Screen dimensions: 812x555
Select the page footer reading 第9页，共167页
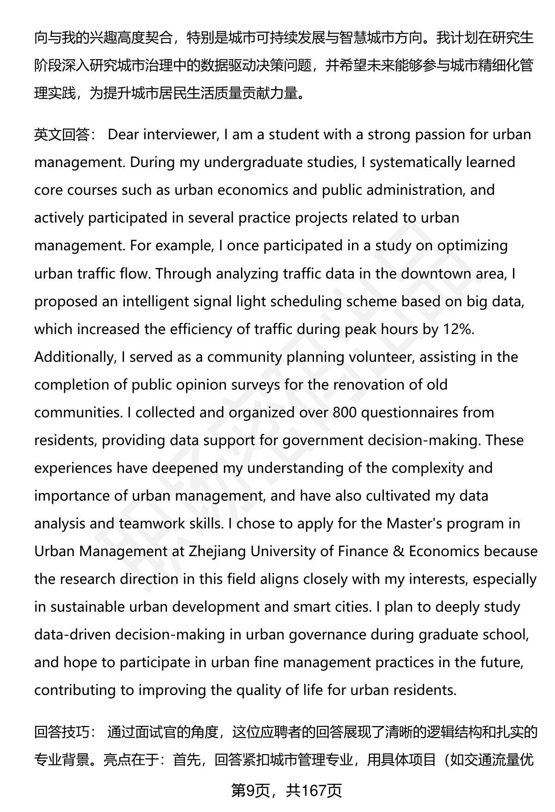click(x=286, y=791)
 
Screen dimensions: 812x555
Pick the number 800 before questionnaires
click(x=344, y=412)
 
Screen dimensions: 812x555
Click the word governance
click(x=329, y=634)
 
